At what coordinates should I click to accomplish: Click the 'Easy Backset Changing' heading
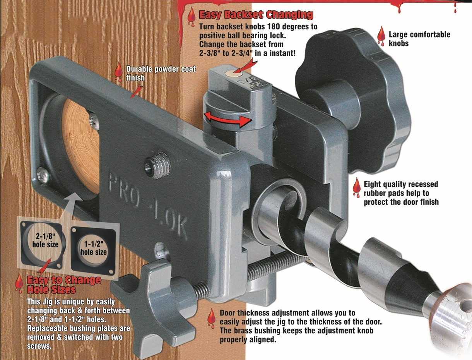(256, 15)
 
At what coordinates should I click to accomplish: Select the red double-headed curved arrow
(228, 119)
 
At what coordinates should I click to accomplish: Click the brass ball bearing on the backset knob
(233, 74)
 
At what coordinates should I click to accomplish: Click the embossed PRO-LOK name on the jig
(149, 204)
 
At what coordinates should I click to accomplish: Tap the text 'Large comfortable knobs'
(419, 39)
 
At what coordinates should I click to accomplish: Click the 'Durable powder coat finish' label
(161, 73)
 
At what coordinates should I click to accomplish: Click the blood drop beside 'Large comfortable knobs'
(381, 36)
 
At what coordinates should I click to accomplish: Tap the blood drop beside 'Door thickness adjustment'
(211, 318)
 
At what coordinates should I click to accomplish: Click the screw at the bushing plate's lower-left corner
(42, 175)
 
